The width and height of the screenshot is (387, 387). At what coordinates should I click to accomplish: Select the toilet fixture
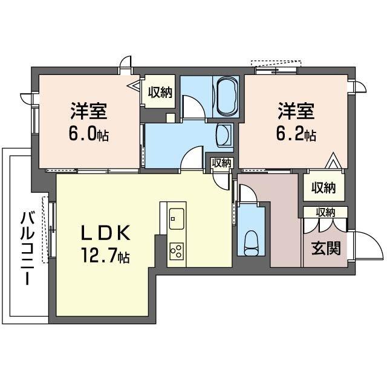[250, 243]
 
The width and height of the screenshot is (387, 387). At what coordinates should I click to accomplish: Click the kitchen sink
[177, 216]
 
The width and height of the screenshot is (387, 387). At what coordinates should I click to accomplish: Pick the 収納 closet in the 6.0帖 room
[160, 93]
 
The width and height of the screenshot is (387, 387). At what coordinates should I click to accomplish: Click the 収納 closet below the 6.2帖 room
[323, 187]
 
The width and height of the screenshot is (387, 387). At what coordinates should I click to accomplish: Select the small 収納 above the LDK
[221, 163]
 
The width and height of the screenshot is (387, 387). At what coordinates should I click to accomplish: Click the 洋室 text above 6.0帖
[89, 111]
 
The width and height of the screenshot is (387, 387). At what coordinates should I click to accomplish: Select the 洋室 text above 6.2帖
[296, 111]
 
